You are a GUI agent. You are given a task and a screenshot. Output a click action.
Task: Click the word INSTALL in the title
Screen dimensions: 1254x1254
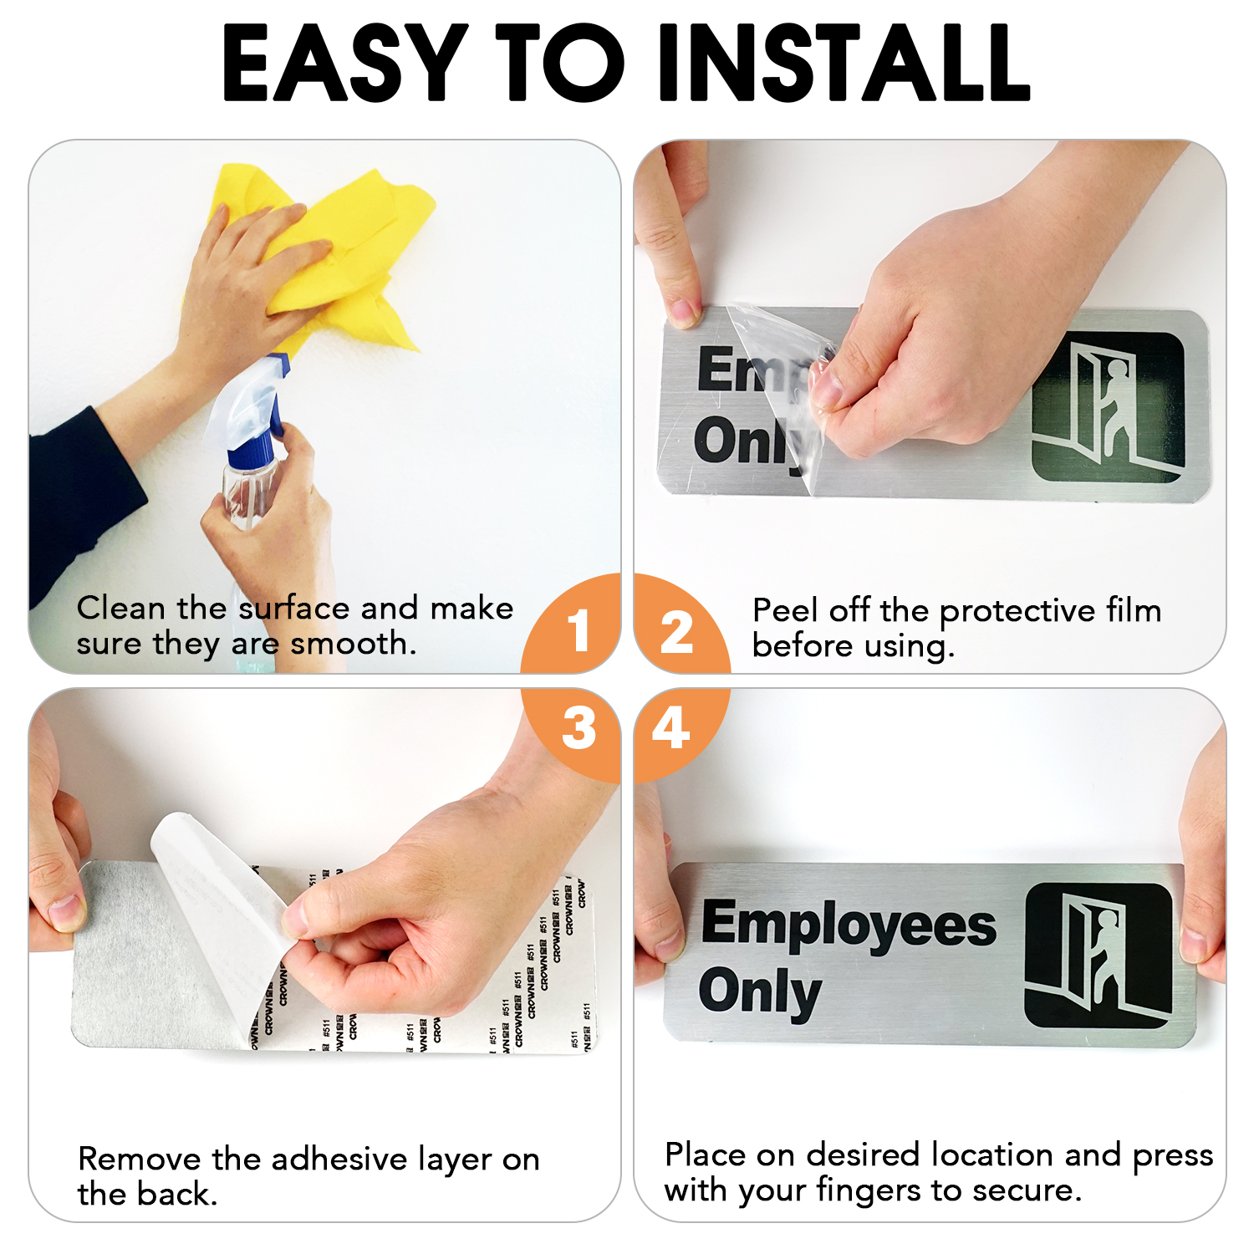coord(844,63)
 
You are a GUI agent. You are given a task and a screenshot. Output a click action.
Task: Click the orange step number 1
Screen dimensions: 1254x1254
coord(579,630)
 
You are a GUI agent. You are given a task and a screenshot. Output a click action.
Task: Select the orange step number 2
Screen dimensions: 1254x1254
coord(676,633)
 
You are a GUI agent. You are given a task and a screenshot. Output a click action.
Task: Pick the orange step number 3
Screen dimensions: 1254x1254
coord(579,728)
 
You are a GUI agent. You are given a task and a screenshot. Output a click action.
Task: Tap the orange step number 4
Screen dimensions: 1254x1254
coord(670,728)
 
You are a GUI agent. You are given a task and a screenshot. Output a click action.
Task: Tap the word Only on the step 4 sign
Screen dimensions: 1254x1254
coord(759,992)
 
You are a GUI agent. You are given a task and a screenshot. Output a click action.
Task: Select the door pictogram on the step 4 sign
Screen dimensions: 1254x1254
coord(1099,955)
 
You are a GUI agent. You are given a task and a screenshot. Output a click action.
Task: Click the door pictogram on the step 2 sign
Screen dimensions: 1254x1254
coord(1108,407)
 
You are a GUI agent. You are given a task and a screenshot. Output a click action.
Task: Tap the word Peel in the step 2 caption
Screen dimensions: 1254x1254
coord(785,611)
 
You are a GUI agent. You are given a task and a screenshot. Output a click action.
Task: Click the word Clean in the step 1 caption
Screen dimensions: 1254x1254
coord(120,609)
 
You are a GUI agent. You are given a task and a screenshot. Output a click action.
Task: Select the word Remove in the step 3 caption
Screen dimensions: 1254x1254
coord(139,1160)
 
